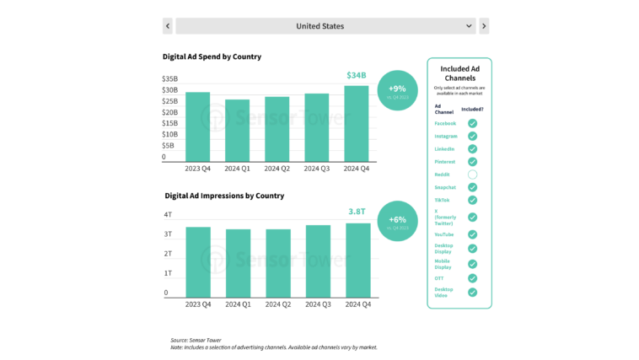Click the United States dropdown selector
pyautogui.click(x=325, y=26)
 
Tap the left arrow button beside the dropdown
pyautogui.click(x=168, y=26)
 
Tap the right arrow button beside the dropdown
pyautogui.click(x=484, y=26)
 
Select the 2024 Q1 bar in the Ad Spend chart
pyautogui.click(x=237, y=131)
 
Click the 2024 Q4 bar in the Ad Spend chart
pyautogui.click(x=357, y=123)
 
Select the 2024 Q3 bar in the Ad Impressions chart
pyautogui.click(x=318, y=261)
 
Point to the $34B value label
pyautogui.click(x=357, y=76)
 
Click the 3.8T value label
pyautogui.click(x=357, y=212)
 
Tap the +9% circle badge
pyautogui.click(x=397, y=90)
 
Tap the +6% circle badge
pyautogui.click(x=397, y=221)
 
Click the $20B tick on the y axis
pyautogui.click(x=169, y=112)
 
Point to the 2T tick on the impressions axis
pyautogui.click(x=168, y=254)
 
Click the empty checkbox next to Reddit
pyautogui.click(x=472, y=175)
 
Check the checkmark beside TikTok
pyautogui.click(x=472, y=200)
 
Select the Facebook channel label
pyautogui.click(x=445, y=123)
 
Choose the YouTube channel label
pyautogui.click(x=444, y=234)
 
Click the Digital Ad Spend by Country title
pyautogui.click(x=212, y=56)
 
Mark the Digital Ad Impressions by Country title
pyautogui.click(x=224, y=196)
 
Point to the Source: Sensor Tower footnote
pyautogui.click(x=196, y=340)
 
